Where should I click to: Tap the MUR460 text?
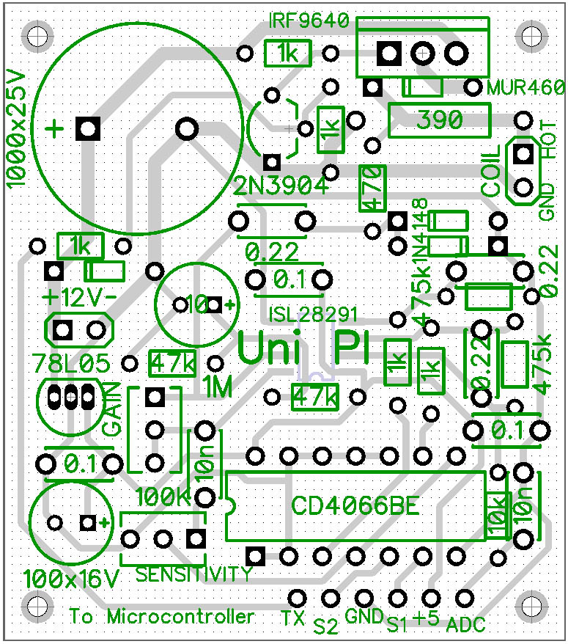point(526,87)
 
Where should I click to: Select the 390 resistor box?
point(439,120)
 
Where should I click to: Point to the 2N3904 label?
point(281,186)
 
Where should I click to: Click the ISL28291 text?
point(313,314)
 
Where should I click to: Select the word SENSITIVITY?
point(193,574)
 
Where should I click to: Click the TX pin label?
point(292,618)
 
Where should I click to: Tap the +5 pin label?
point(426,618)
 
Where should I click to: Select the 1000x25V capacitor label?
point(16,128)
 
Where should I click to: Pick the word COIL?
point(492,170)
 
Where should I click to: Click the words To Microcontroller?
point(162,617)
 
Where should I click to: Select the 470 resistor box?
point(372,187)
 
